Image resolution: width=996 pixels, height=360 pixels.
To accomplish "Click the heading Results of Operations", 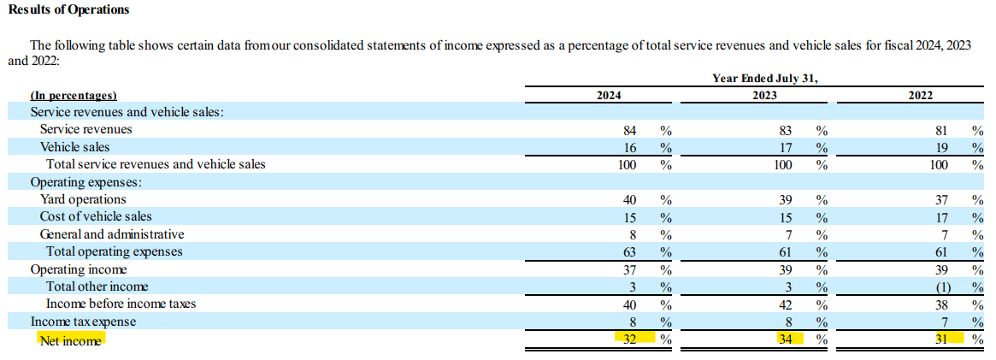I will tap(69, 9).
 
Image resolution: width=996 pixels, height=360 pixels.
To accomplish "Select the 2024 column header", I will tap(608, 96).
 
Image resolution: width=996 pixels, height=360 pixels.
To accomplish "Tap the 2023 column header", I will tap(764, 96).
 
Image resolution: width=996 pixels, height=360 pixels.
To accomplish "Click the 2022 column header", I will tap(921, 96).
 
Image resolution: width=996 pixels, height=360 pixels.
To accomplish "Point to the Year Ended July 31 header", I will tap(764, 78).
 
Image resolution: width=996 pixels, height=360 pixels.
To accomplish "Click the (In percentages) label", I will tap(74, 96).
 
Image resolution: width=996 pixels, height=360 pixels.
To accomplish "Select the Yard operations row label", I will tap(83, 199).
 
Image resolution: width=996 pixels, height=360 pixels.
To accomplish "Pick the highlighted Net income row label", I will tap(70, 339).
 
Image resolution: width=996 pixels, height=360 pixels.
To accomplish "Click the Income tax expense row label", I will tap(83, 322).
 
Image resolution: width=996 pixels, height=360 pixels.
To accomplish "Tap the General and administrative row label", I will tap(112, 234).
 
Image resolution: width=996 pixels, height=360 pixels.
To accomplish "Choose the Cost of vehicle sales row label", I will tap(96, 216).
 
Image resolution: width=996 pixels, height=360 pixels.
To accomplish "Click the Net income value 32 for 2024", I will tap(629, 339).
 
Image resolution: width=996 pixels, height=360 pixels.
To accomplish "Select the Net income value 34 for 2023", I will tap(786, 339).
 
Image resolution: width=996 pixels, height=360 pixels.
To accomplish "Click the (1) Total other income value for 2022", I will tap(941, 286).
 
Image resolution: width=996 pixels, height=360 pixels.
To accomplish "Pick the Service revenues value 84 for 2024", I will tap(629, 130).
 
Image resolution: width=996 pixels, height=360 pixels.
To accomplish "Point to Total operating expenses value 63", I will tap(629, 251).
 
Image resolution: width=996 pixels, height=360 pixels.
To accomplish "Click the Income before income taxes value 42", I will tap(786, 304).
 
